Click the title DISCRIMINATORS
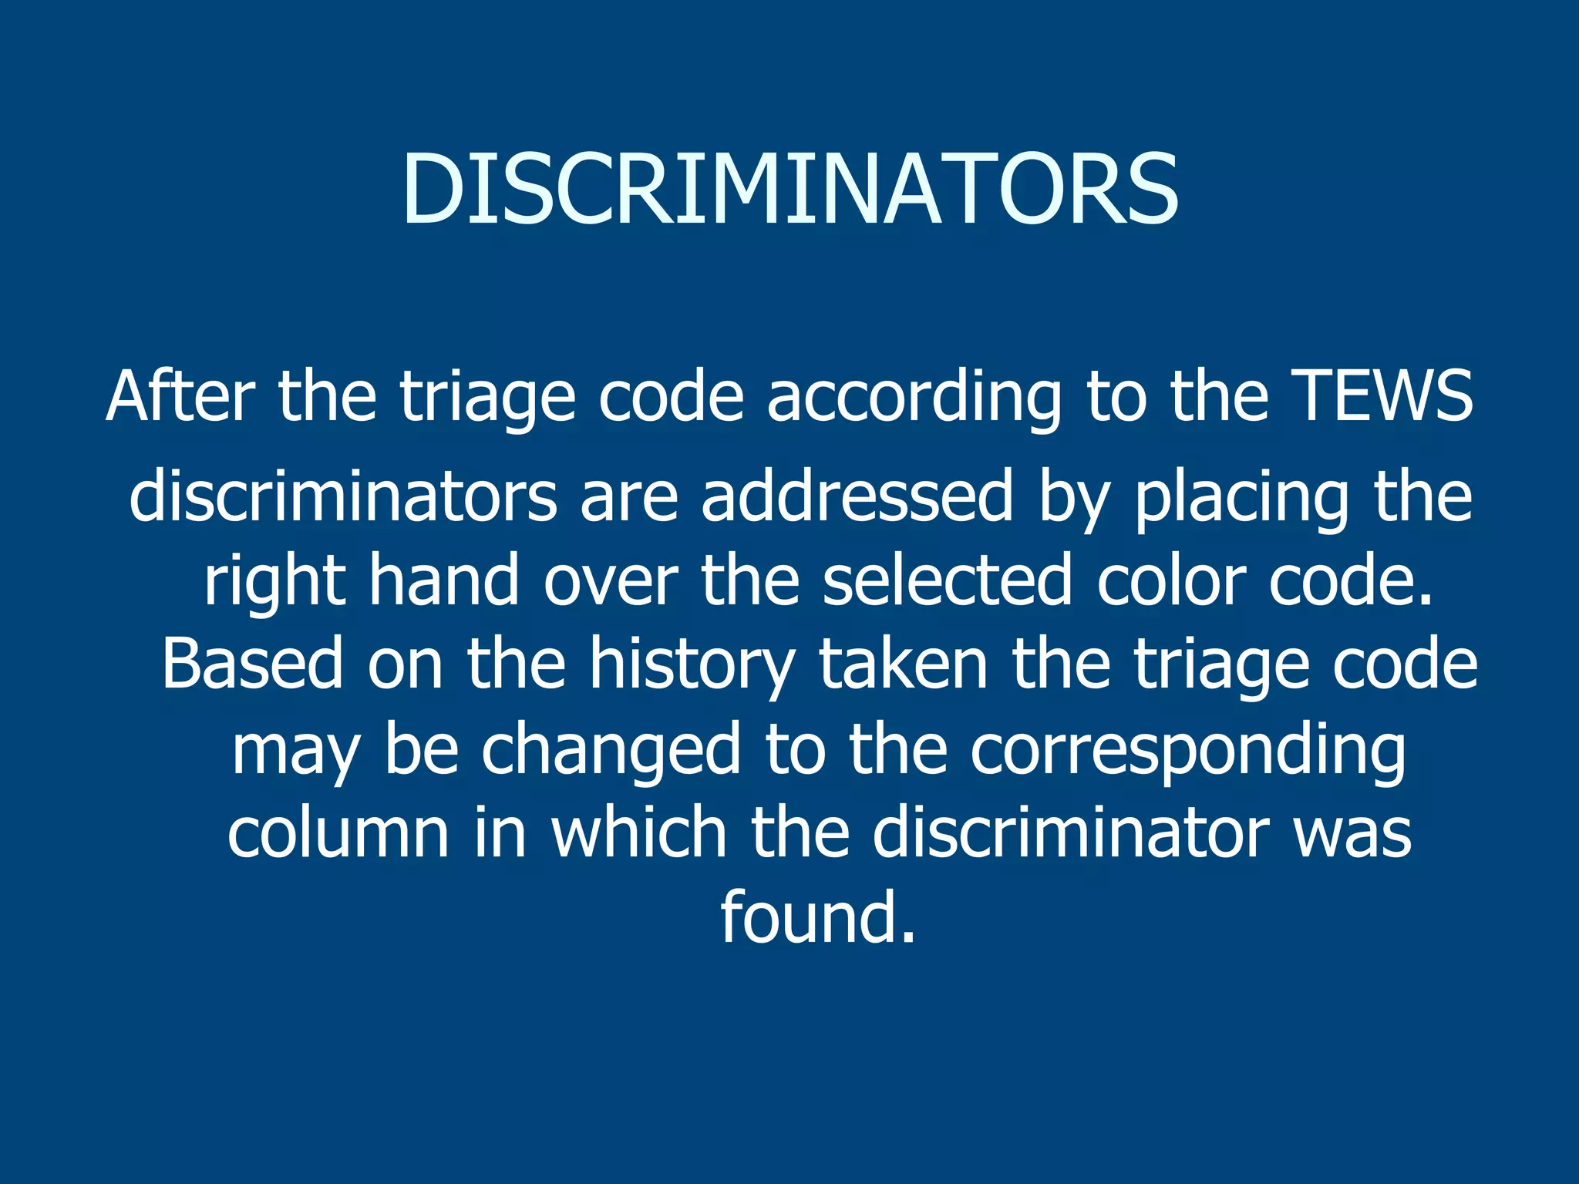(x=789, y=190)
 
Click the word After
(x=180, y=396)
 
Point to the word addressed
(x=857, y=496)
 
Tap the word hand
(x=444, y=580)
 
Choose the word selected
(x=948, y=580)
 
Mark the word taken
(x=903, y=664)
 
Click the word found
(x=818, y=917)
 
